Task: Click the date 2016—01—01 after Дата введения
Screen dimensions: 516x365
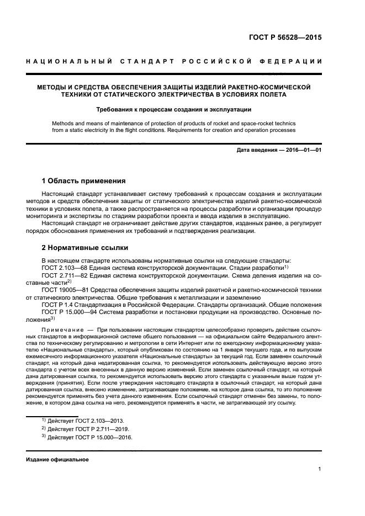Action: (303, 150)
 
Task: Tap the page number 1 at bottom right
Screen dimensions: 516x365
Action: (320, 470)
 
